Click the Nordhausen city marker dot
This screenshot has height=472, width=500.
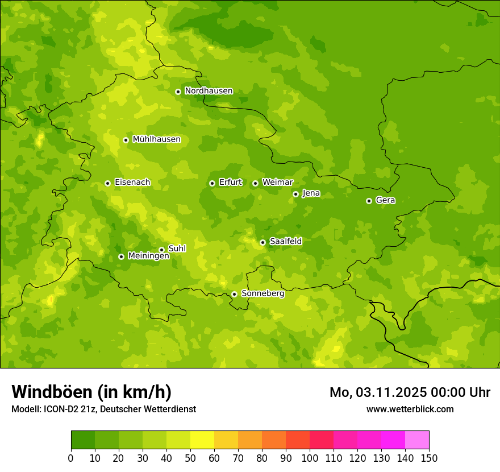point(178,92)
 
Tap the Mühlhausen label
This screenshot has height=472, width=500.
point(157,139)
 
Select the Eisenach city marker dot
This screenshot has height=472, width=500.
point(107,183)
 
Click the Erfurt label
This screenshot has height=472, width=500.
point(230,183)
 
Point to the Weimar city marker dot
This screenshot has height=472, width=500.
point(255,183)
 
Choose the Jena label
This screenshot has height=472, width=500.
point(311,193)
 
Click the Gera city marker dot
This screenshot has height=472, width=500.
point(369,201)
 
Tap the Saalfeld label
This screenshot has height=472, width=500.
point(285,242)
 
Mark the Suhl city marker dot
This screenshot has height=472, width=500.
point(161,250)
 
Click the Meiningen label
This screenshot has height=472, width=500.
point(148,256)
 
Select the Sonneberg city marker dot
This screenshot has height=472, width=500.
point(234,294)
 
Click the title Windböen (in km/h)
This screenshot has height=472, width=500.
point(91,392)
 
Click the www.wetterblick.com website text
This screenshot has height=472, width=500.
point(410,409)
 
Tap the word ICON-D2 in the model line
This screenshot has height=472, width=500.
point(62,409)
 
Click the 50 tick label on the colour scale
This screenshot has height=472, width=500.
point(190,458)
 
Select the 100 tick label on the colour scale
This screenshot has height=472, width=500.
point(310,458)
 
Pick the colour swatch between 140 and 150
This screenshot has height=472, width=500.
point(417,440)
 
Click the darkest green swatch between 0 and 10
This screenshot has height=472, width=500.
point(83,440)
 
